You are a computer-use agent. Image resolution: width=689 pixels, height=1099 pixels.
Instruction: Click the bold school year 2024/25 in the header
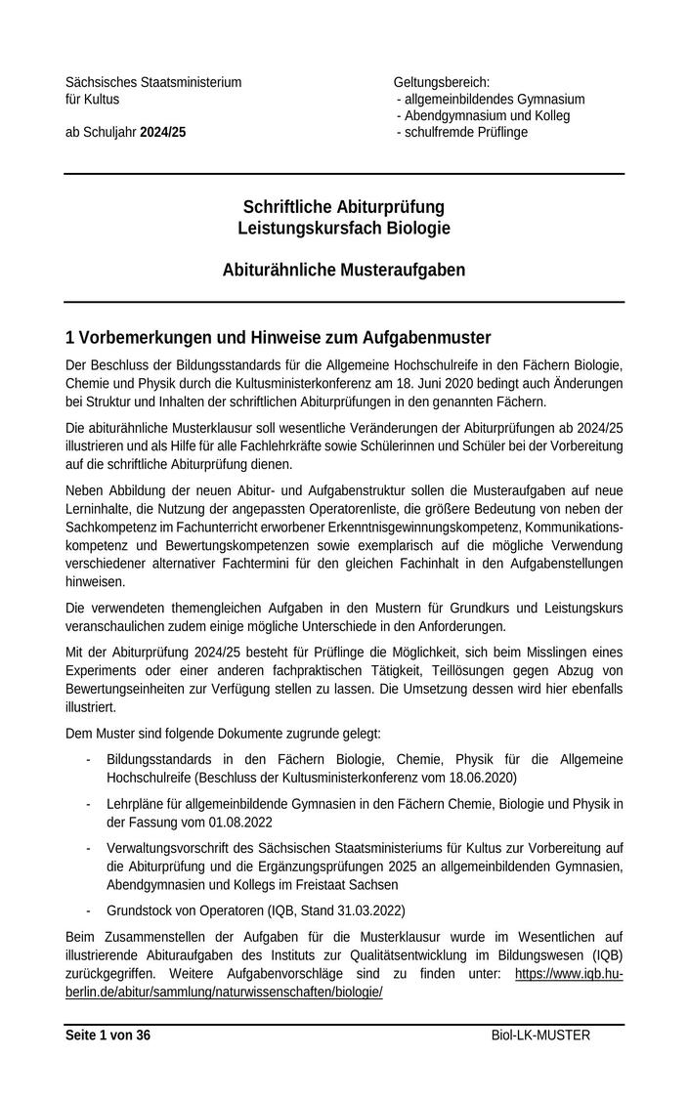pos(162,132)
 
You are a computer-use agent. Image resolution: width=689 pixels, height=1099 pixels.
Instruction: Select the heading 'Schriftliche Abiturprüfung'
pos(344,207)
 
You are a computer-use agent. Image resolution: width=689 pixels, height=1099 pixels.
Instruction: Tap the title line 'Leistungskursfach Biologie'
pos(344,228)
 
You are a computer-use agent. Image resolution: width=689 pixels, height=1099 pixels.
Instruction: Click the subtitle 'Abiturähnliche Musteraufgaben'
pos(344,269)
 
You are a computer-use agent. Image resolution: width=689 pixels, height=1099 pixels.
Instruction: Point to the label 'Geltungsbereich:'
pos(441,82)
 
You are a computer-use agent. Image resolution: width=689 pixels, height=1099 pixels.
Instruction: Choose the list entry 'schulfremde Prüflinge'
pos(465,132)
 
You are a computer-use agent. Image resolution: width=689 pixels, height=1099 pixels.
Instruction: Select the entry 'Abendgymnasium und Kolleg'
pos(487,115)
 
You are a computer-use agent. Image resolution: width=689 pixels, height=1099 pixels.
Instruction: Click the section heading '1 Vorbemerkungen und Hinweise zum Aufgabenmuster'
pos(278,338)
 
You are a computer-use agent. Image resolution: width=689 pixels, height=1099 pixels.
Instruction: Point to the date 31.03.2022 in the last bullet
pos(349,909)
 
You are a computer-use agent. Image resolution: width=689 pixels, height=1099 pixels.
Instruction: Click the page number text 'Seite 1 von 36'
pos(108,1035)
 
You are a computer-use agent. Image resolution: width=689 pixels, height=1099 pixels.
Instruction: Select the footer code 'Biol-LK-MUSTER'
pos(540,1035)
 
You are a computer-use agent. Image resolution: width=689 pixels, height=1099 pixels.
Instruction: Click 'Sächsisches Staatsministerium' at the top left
pos(153,82)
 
